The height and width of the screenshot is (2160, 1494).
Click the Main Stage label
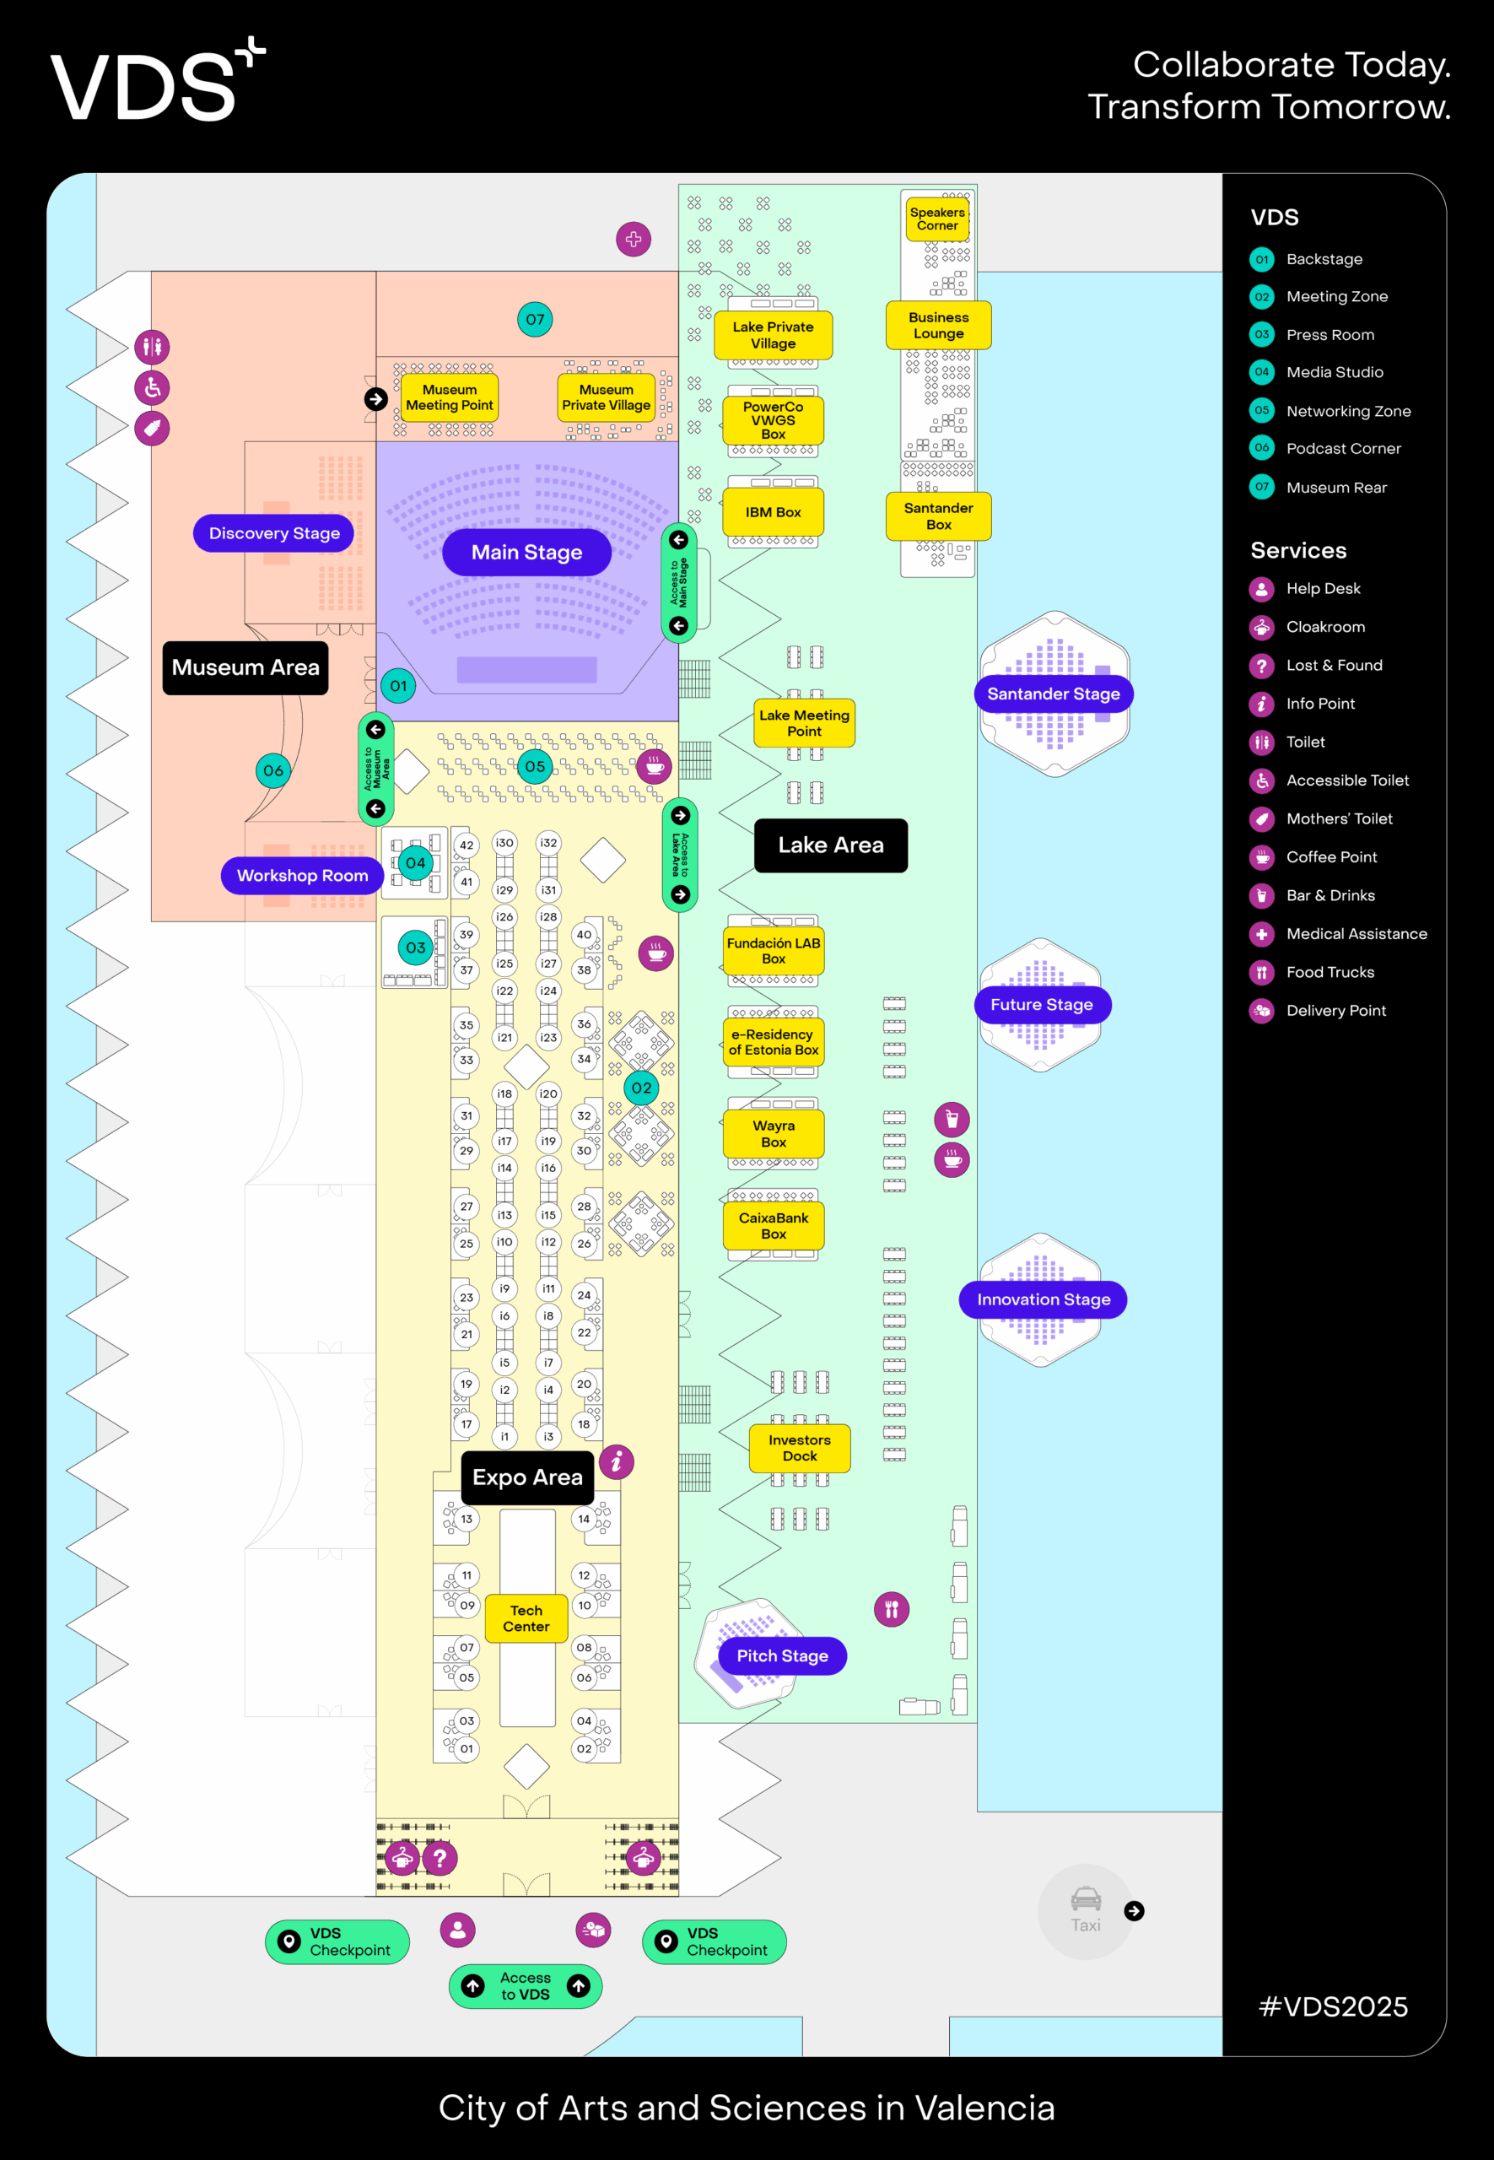point(526,553)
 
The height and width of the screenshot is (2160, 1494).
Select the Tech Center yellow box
point(526,1618)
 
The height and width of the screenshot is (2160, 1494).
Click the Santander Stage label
point(1053,694)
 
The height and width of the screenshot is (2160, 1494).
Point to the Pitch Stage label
point(782,1655)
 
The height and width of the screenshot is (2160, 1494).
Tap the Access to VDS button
point(526,1986)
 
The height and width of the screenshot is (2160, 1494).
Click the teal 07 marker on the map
point(535,319)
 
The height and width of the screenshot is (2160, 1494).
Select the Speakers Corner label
point(937,219)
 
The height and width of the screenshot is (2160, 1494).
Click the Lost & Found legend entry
point(1333,665)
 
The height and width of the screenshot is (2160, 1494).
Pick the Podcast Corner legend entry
point(1342,449)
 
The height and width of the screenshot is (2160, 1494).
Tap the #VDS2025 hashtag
point(1333,2006)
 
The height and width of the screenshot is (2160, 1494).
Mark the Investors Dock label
point(800,1448)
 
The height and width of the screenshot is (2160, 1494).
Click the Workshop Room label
point(301,876)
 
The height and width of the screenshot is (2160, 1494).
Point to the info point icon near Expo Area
point(616,1461)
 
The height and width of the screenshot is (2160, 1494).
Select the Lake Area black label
point(830,845)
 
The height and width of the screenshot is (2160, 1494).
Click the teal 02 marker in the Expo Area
point(641,1088)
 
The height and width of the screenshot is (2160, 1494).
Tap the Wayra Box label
point(774,1134)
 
